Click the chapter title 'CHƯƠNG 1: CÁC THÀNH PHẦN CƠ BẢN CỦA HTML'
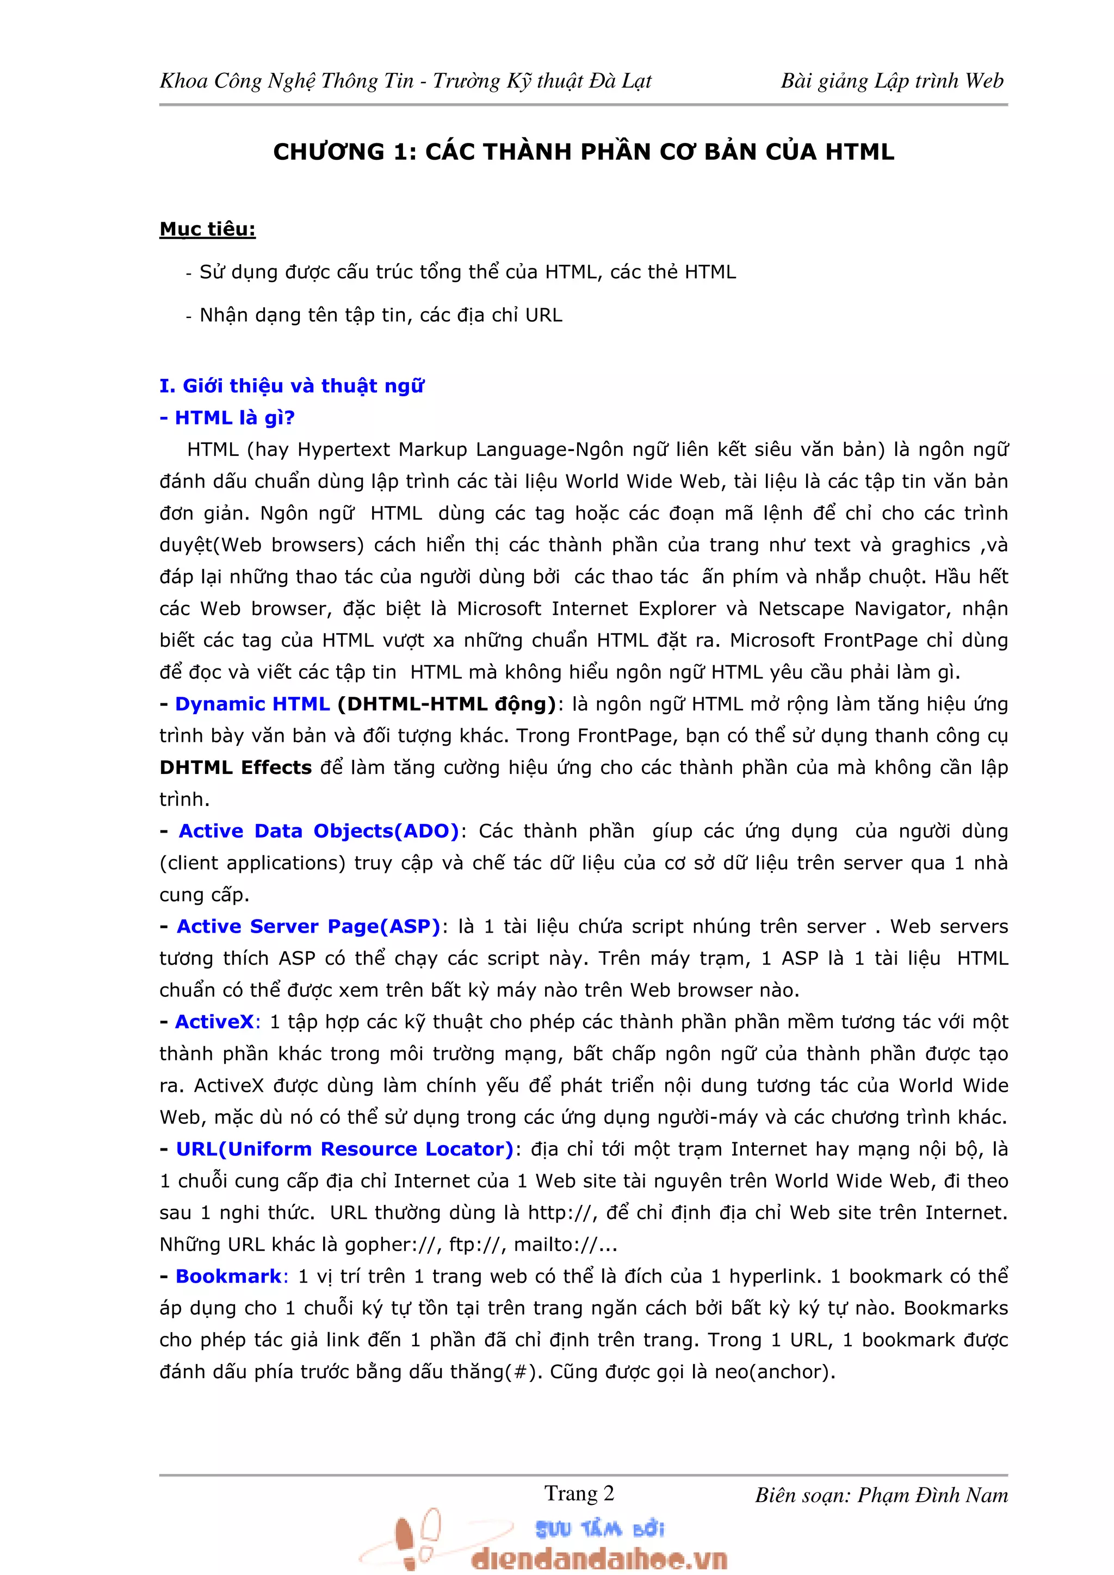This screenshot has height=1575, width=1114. click(584, 152)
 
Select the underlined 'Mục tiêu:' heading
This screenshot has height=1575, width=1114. click(207, 229)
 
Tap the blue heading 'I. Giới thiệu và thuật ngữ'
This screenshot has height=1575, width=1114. click(291, 386)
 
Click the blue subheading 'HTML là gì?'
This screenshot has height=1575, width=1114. click(234, 418)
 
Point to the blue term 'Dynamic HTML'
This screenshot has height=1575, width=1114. click(252, 704)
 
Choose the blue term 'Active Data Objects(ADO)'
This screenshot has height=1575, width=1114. click(319, 831)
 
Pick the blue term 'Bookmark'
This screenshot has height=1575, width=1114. click(228, 1276)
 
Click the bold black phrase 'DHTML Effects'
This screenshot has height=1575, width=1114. click(236, 767)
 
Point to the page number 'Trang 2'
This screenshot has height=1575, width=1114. click(579, 1493)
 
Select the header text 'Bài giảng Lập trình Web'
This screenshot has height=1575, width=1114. click(892, 81)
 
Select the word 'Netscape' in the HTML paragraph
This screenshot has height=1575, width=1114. click(800, 609)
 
